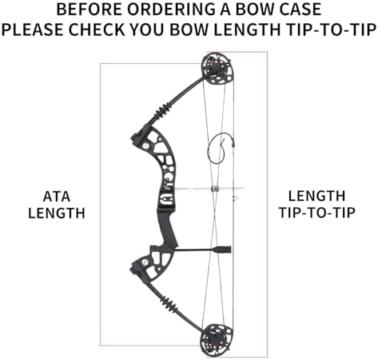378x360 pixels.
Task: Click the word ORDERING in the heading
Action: click(x=171, y=10)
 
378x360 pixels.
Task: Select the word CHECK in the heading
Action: click(x=97, y=30)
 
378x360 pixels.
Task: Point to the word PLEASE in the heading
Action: click(x=33, y=30)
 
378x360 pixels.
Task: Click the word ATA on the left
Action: click(x=57, y=197)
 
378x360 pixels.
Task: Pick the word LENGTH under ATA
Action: click(x=57, y=214)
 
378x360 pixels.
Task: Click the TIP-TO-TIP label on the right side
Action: click(x=317, y=213)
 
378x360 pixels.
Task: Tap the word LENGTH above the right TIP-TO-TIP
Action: click(x=317, y=196)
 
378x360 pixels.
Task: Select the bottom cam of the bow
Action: click(x=217, y=340)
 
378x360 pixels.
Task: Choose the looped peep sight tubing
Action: click(x=217, y=147)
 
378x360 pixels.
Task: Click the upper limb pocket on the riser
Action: click(x=138, y=137)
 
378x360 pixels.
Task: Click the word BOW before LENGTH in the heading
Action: click(x=189, y=30)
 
